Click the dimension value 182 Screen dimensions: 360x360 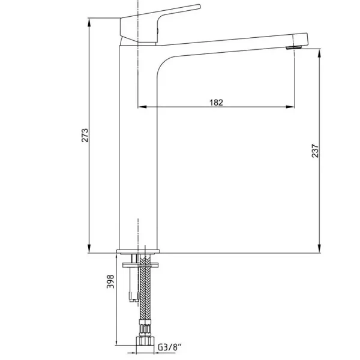click(216, 102)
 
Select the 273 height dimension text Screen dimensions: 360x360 click(85, 136)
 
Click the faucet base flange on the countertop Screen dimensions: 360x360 click(139, 250)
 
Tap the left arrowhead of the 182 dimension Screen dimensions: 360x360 click(142, 108)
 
